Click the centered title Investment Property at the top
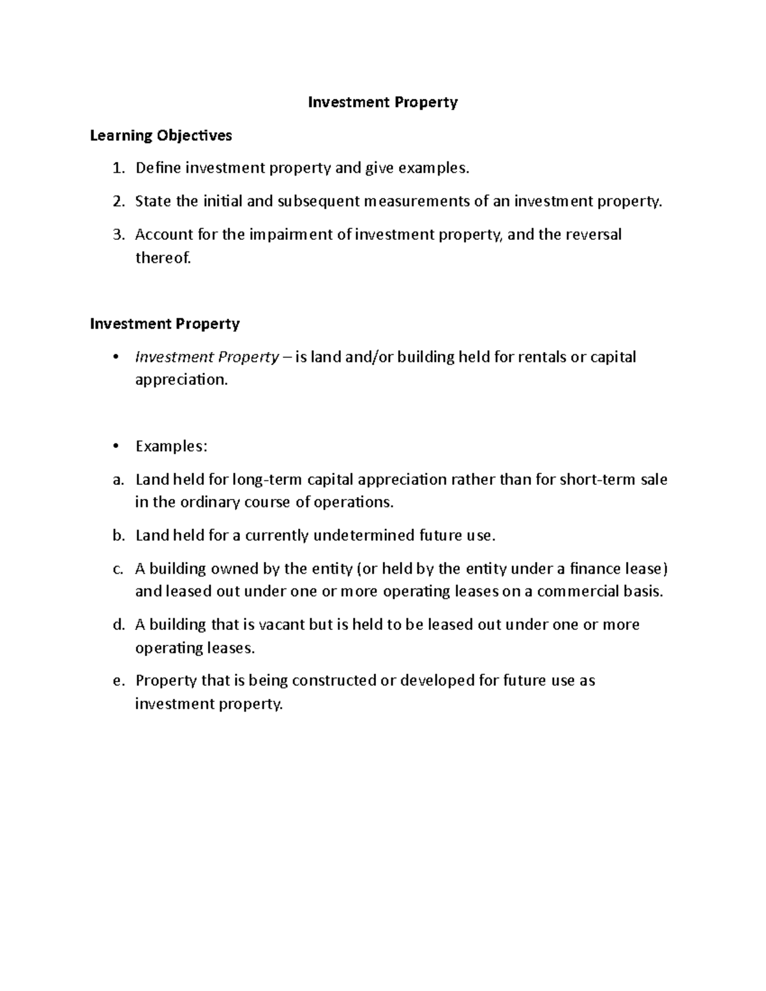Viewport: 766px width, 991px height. [x=383, y=102]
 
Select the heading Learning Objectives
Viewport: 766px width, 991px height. [x=161, y=135]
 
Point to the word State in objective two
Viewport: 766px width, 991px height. [x=153, y=202]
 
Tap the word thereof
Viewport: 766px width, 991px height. [x=163, y=258]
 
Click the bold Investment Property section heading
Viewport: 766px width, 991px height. [x=165, y=324]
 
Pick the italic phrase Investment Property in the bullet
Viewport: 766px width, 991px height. [x=207, y=357]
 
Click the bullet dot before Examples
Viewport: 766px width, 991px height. [x=115, y=447]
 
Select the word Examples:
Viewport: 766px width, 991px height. [x=171, y=447]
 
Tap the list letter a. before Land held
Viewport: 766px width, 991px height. [x=117, y=480]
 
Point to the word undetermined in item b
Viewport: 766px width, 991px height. [x=363, y=535]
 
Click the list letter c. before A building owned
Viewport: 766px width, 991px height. [x=117, y=569]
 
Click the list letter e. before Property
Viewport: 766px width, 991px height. [x=117, y=681]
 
